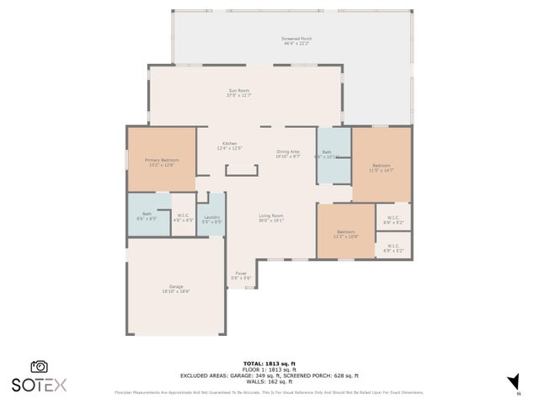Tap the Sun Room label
point(239,93)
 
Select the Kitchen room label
point(230,146)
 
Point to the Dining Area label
point(288,154)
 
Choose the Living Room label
point(270,218)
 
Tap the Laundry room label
point(211,219)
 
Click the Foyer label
point(241,275)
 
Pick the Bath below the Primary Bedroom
point(147,216)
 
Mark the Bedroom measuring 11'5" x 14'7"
point(382,167)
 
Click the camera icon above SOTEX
point(39,367)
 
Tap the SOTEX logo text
point(39,385)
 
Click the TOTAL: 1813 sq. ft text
point(269,363)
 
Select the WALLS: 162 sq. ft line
point(269,381)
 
